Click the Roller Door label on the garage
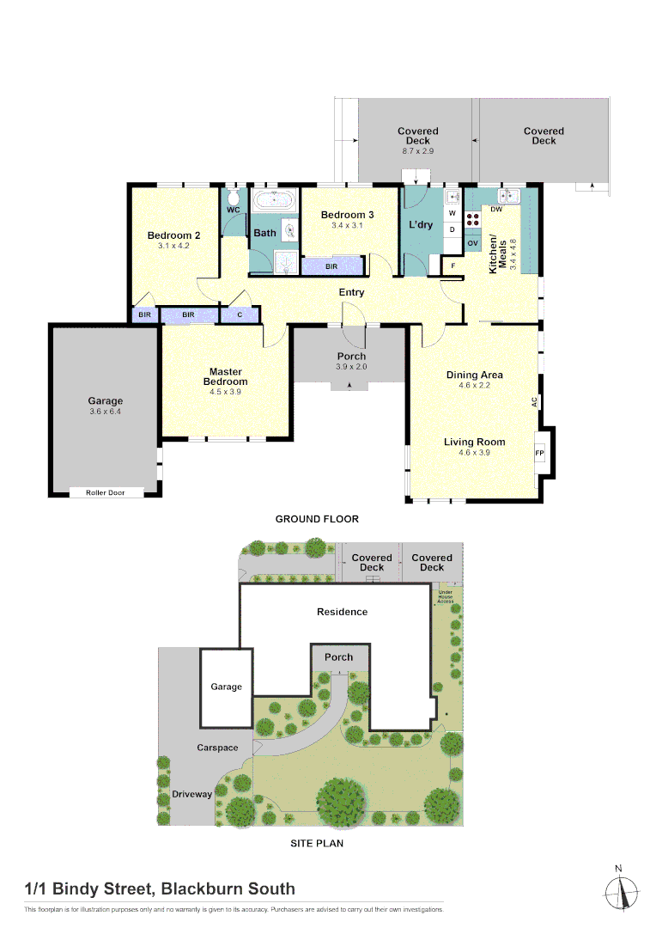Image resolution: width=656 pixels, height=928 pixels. [x=105, y=492]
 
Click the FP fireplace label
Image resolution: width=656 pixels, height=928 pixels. [x=540, y=453]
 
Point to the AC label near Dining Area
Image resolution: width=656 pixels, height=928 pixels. [x=534, y=401]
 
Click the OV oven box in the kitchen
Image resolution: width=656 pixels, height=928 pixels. [x=472, y=244]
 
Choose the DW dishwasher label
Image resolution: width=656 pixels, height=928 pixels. [x=496, y=210]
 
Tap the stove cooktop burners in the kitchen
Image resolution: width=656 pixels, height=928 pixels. [x=472, y=218]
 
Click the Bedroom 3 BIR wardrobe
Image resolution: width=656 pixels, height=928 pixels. [x=331, y=266]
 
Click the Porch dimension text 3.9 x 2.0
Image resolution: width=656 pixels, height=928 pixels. [x=351, y=367]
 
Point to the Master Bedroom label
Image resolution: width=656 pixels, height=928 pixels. [x=225, y=376]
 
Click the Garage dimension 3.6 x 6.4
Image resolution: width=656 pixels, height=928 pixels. [x=106, y=412]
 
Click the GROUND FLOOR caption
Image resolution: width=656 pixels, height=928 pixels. [x=317, y=519]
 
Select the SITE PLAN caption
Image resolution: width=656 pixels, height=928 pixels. [x=317, y=843]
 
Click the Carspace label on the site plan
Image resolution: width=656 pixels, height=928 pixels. [x=217, y=748]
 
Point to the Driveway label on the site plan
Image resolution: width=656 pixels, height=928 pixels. [x=191, y=794]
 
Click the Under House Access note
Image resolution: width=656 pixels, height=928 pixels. [x=446, y=596]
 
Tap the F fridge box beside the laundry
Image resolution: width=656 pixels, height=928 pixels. [x=453, y=266]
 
